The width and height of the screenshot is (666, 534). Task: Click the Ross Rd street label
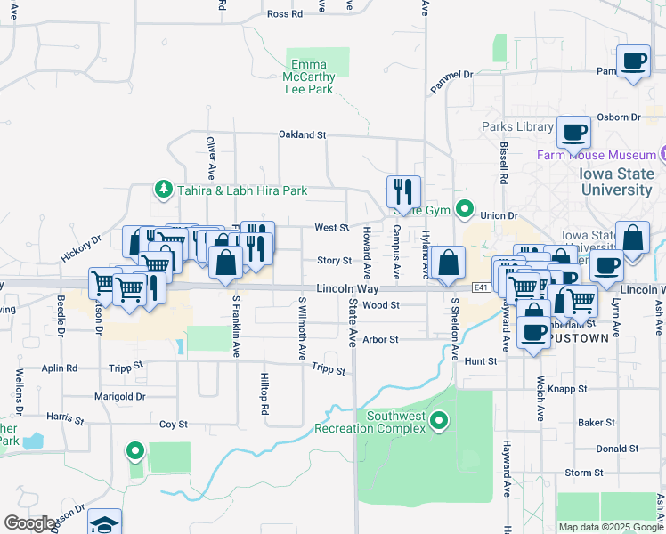(285, 14)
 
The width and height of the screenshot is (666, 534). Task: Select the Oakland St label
(302, 135)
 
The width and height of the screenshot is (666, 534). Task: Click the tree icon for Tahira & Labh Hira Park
(163, 189)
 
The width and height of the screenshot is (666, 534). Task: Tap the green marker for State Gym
(464, 210)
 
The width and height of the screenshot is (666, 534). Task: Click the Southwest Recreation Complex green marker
(438, 420)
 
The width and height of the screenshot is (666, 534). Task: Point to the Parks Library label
(517, 127)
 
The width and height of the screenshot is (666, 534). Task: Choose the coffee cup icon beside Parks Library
(573, 132)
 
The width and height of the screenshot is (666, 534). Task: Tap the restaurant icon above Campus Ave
(402, 190)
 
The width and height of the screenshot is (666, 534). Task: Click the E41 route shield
(481, 287)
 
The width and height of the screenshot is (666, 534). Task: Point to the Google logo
(29, 523)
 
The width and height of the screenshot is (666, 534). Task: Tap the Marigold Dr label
(120, 397)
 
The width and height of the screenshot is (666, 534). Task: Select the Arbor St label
(380, 339)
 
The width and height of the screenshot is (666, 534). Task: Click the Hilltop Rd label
(264, 394)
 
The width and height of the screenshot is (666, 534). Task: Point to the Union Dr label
(499, 216)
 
